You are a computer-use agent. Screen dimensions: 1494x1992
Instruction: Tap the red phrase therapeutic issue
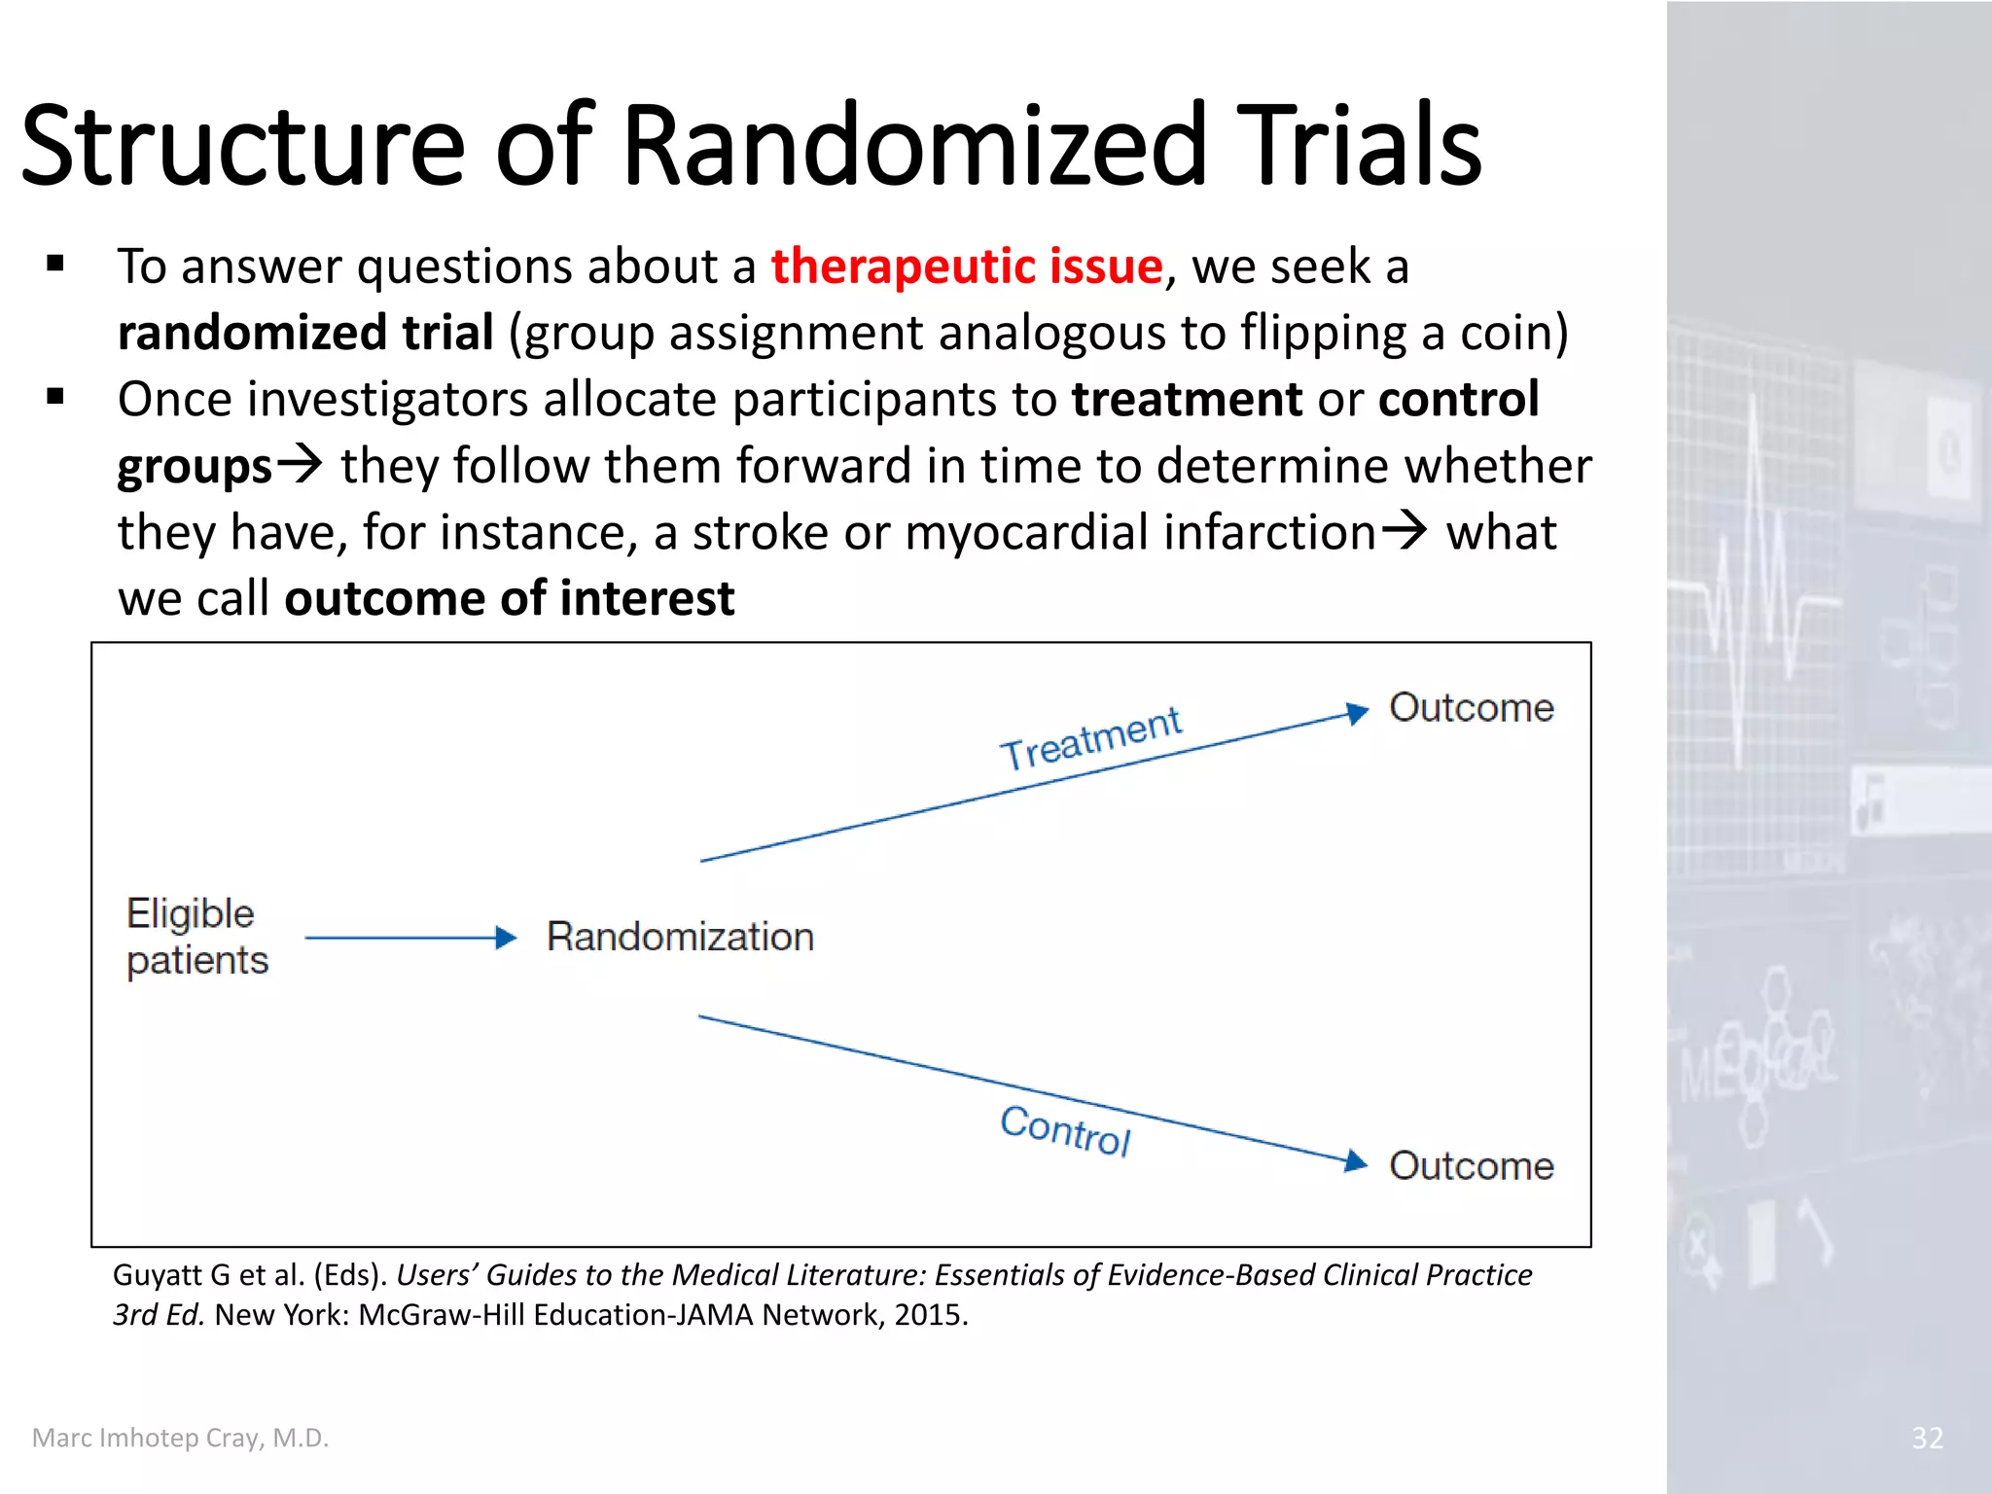click(967, 267)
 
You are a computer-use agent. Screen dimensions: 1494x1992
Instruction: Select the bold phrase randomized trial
click(305, 333)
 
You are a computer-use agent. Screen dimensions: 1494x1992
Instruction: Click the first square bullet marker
click(55, 264)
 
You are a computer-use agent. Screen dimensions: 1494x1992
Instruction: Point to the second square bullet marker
click(55, 396)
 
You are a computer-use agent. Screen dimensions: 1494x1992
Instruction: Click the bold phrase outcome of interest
click(509, 597)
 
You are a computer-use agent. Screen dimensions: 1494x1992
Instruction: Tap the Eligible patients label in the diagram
click(196, 937)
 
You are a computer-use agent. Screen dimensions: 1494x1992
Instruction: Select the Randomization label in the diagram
click(680, 937)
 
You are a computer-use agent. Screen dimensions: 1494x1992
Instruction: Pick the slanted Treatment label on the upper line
click(1090, 739)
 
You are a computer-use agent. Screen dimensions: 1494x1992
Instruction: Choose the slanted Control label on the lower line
click(1065, 1130)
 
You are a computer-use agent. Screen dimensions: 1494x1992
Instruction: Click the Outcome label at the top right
click(1471, 708)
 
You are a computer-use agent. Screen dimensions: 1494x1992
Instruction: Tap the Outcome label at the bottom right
click(1471, 1165)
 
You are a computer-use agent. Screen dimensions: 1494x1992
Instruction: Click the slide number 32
click(1927, 1438)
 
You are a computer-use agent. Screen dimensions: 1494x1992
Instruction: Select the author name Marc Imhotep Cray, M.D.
click(180, 1438)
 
